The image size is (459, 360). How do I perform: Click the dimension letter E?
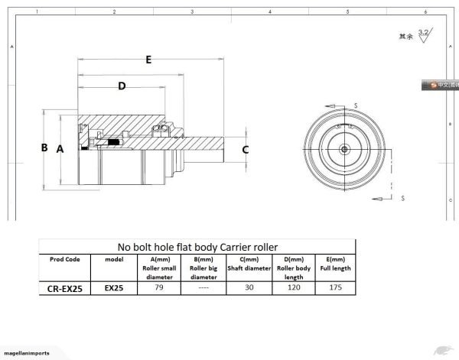pos(148,59)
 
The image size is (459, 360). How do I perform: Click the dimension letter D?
pos(122,86)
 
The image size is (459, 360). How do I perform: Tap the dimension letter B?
pos(44,148)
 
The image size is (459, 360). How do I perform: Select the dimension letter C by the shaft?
pos(245,150)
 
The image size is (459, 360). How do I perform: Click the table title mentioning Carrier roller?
pos(197,247)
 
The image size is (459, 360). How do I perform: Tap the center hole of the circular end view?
pos(345,148)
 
